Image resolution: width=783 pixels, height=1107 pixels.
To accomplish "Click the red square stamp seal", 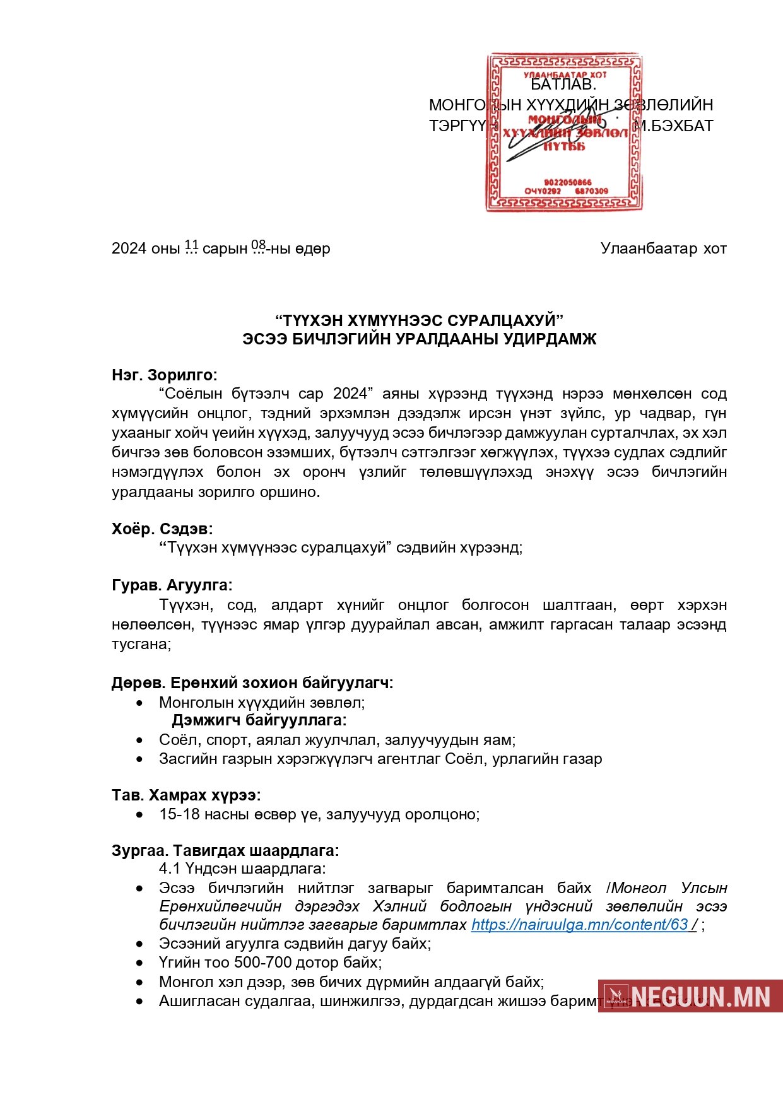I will (x=563, y=132).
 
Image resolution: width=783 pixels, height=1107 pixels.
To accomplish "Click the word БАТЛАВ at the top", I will (x=563, y=85).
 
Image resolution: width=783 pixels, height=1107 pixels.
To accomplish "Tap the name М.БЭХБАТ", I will (x=673, y=126).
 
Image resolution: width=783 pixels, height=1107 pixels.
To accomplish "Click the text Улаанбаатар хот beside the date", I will (x=663, y=249).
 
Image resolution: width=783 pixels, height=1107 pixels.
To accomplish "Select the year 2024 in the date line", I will (x=129, y=249).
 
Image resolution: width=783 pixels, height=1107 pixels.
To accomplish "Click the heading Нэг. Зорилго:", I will (x=164, y=375).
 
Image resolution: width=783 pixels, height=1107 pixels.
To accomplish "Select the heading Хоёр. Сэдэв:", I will (x=162, y=529).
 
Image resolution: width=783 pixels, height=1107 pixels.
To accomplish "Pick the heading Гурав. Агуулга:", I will (x=172, y=585).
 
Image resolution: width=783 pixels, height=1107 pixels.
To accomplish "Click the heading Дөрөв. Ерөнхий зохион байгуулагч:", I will (x=252, y=682).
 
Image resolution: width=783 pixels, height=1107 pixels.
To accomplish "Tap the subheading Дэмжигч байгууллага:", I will (x=259, y=720).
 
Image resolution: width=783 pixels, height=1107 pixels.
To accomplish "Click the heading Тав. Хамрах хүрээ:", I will (x=186, y=795).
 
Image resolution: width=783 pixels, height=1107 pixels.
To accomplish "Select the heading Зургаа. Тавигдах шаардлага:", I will (x=225, y=850).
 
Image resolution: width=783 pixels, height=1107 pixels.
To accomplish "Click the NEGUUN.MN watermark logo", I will (x=690, y=996).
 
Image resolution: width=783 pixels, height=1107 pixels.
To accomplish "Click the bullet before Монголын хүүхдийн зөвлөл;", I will (x=139, y=703).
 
